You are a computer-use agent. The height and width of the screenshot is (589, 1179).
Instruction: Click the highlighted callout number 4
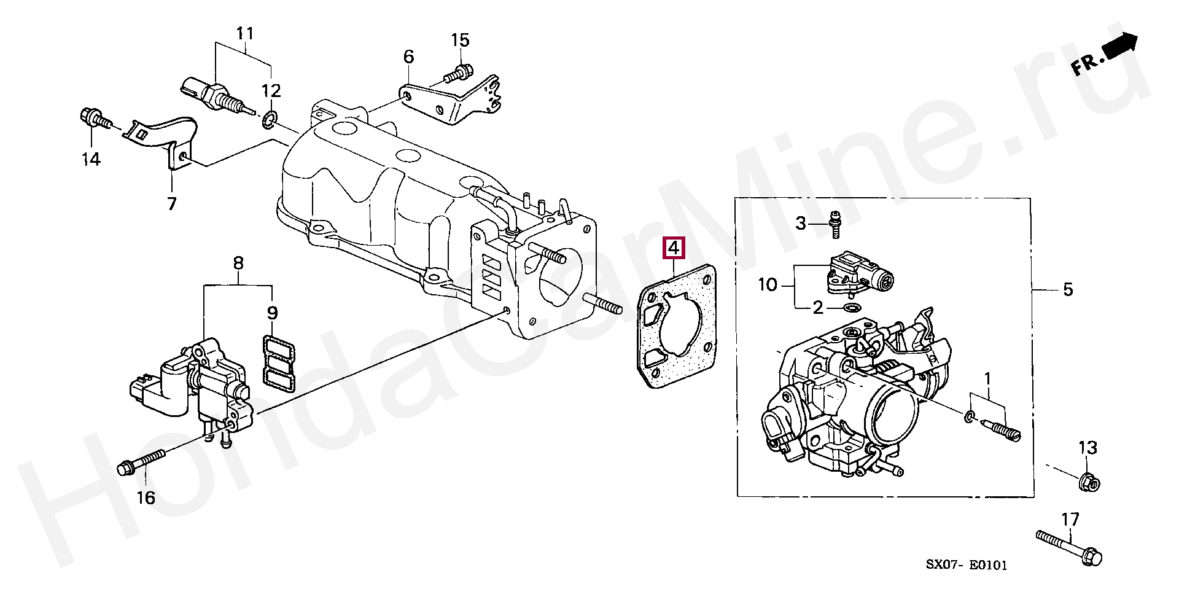(673, 248)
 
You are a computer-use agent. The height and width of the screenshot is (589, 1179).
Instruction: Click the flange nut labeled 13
(1089, 483)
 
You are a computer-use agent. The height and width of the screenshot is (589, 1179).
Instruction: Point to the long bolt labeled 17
(1068, 548)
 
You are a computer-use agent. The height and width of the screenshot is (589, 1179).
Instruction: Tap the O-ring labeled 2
(851, 306)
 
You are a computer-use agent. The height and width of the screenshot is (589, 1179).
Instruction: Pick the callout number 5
(1068, 289)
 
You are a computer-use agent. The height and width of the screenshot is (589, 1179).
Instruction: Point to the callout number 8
(238, 263)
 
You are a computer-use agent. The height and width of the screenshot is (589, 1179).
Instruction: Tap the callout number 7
(172, 203)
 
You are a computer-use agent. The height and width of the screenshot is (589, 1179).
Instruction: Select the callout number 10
(768, 284)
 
